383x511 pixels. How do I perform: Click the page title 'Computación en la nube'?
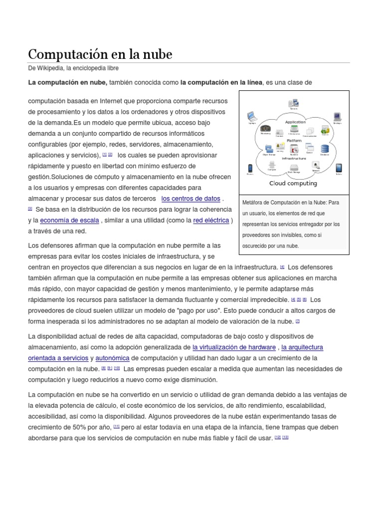pos(100,54)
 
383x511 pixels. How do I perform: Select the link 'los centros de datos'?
pos(191,198)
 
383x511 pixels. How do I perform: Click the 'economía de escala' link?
pos(69,220)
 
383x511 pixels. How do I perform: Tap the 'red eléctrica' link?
pos(211,220)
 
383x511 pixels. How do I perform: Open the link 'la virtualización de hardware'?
pos(234,347)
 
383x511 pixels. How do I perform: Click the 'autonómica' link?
pos(113,358)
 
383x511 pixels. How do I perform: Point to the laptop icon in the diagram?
pos(251,118)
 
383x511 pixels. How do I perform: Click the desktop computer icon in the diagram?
pos(337,117)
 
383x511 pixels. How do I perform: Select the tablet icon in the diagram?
pos(339,168)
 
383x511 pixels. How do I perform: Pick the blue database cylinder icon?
pos(325,149)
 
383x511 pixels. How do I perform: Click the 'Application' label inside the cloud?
pos(295,122)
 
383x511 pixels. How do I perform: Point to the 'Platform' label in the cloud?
pos(294,141)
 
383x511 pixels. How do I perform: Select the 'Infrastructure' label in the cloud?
pos(294,158)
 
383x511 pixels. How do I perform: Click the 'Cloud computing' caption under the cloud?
pos(293,183)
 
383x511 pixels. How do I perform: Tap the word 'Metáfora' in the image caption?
pos(253,202)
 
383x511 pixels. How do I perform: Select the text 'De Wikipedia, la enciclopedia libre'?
pos(73,68)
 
